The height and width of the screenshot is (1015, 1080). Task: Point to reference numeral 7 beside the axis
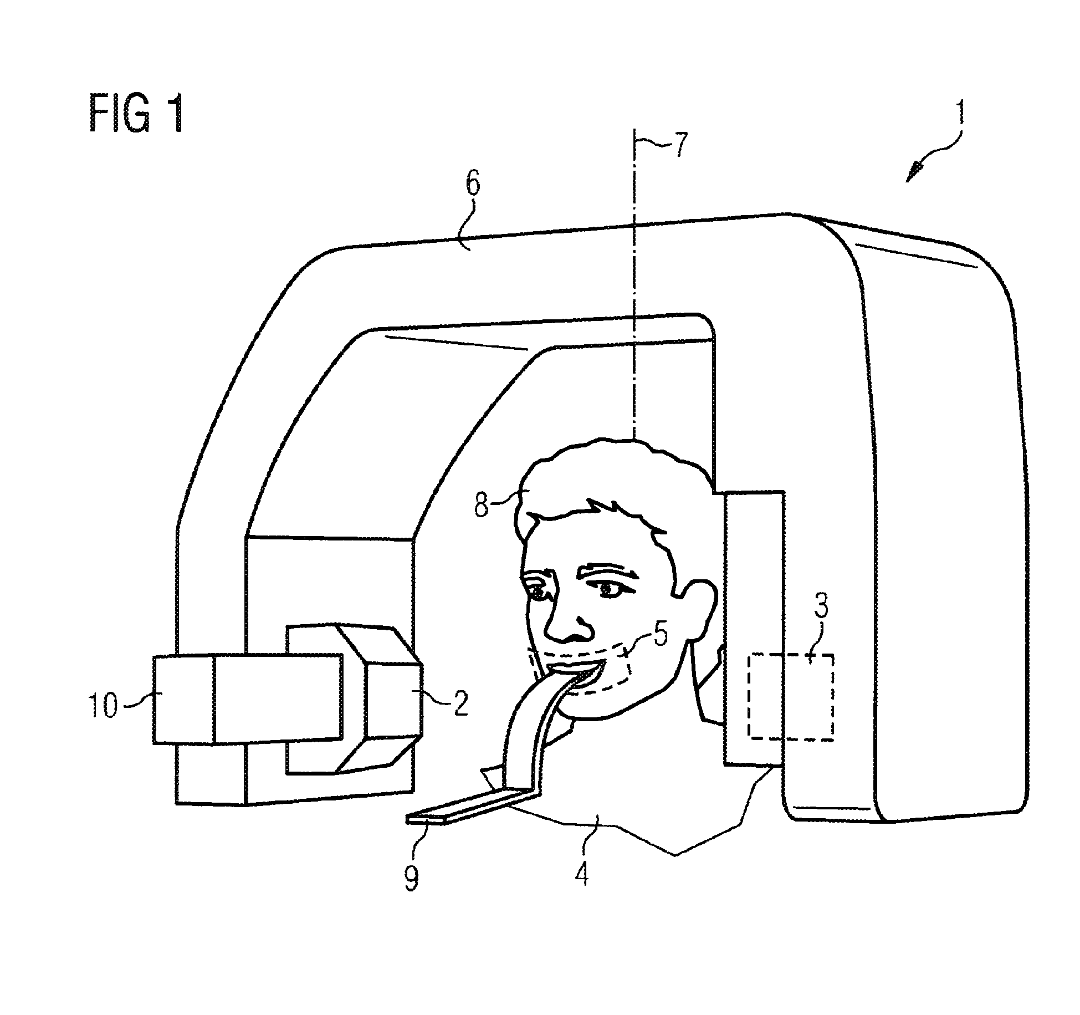(679, 145)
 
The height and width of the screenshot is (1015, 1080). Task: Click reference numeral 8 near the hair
(482, 506)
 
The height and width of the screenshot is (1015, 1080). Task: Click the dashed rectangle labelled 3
(791, 697)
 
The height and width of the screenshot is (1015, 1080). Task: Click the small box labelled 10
(183, 700)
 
